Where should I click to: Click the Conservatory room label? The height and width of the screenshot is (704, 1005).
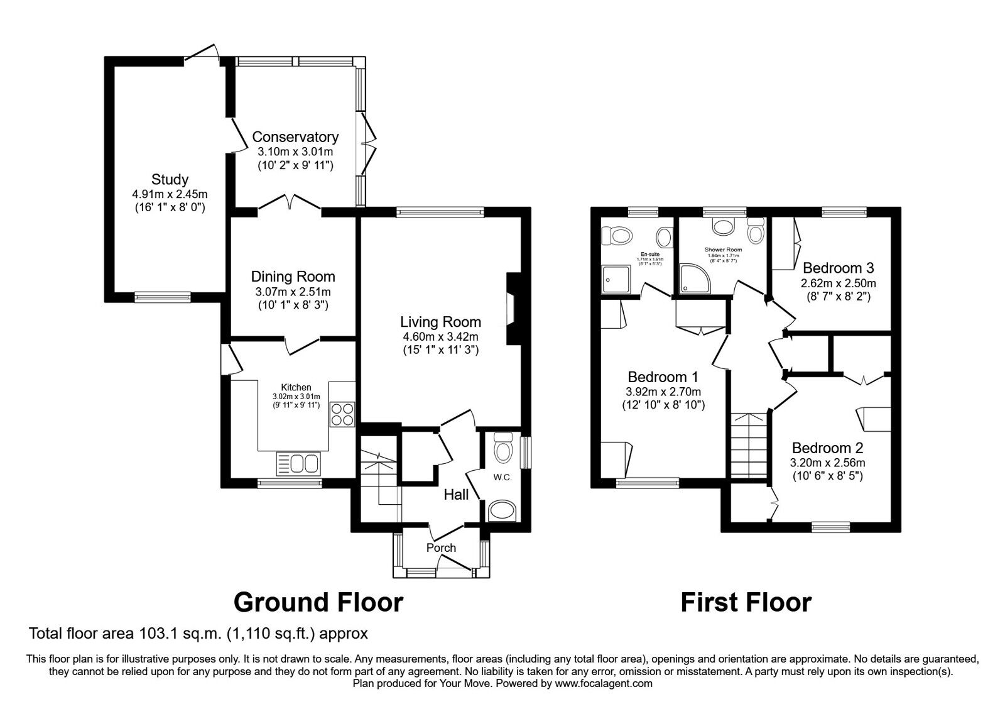point(295,136)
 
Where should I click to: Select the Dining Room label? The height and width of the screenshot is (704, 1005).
point(293,276)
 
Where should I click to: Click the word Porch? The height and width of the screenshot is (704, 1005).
point(441,547)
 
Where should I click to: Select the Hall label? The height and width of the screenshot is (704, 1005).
point(456,495)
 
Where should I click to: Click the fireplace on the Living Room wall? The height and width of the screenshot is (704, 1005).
point(512,308)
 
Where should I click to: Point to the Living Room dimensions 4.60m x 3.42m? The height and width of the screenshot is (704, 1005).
point(440,336)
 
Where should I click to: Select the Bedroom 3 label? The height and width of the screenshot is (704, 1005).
point(838,267)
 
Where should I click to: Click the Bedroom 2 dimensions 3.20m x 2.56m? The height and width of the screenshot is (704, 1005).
point(827,463)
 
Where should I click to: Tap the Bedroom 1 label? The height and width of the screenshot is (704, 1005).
point(663,377)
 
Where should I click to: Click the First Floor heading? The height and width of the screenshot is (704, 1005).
point(746,602)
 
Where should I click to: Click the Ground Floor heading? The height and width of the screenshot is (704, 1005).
point(318,602)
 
